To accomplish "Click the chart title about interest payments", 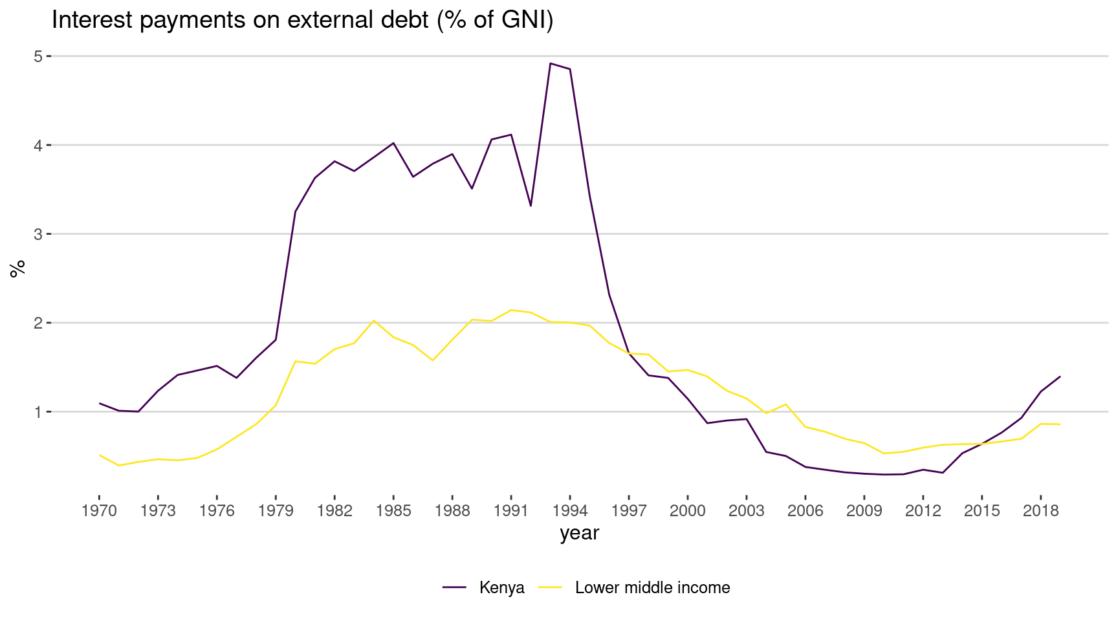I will click(x=302, y=21).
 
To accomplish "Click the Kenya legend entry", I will click(x=501, y=587).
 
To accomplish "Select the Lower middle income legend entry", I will click(x=652, y=587).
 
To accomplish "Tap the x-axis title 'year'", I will click(x=579, y=533).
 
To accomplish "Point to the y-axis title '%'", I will click(x=17, y=268).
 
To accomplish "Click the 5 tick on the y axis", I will click(x=38, y=56).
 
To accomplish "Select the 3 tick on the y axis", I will click(x=38, y=234).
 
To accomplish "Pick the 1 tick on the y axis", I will click(x=38, y=411).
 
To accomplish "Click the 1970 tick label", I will click(x=99, y=511).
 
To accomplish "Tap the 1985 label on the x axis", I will click(x=393, y=511).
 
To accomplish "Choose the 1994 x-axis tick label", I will click(x=570, y=511).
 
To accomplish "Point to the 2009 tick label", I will click(x=864, y=511).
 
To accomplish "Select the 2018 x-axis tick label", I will click(x=1040, y=511).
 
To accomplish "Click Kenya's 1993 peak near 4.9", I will click(x=550, y=63).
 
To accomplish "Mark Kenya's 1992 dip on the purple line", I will click(x=531, y=206).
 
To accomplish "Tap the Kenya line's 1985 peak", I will click(x=393, y=143).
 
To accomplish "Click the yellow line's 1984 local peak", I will click(x=374, y=320).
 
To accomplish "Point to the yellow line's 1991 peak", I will click(x=511, y=310).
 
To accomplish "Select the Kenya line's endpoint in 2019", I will click(x=1060, y=376).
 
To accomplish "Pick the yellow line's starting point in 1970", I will click(x=99, y=455).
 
